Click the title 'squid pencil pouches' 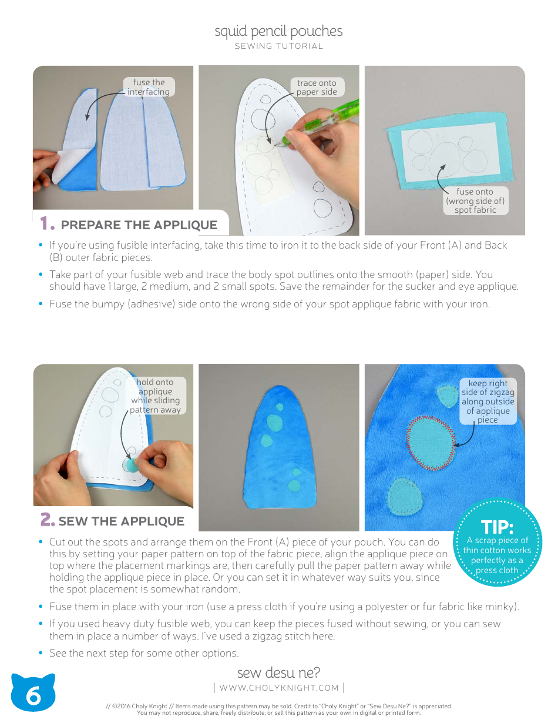pos(278,31)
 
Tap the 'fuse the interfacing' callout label pos(149,87)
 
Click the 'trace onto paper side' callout pos(316,87)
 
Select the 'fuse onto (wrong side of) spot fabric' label pos(475,200)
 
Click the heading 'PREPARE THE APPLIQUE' pos(139,225)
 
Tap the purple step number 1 pos(47,224)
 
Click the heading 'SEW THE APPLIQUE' pos(121,521)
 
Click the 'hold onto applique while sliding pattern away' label pos(155,396)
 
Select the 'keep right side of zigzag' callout pos(488,401)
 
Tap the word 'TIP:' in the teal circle pos(497,527)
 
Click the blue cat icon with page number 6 pos(33,694)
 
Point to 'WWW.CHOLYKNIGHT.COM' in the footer pos(279,688)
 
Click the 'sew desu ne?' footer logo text pos(278,672)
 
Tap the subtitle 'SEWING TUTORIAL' pos(278,46)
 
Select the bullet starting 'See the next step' pos(144,653)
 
